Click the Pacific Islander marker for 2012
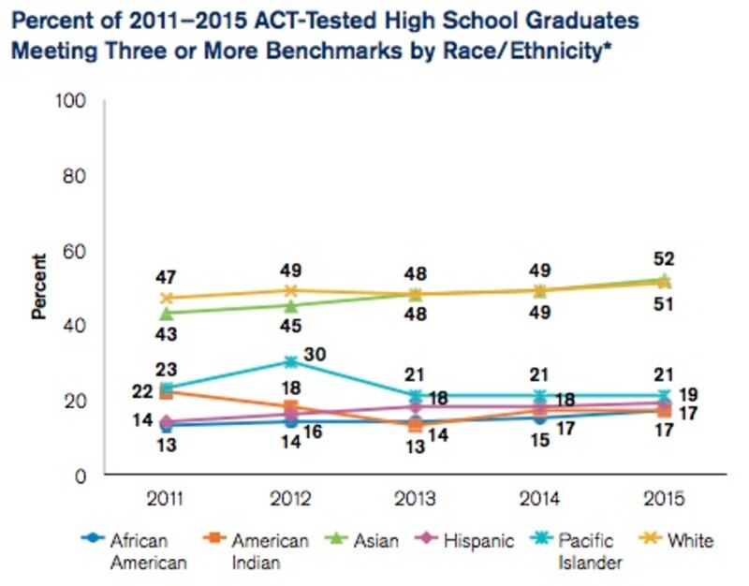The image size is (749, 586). click(290, 361)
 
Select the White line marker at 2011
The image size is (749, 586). click(167, 299)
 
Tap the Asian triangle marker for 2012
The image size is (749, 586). click(290, 305)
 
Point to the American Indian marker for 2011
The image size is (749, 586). click(167, 391)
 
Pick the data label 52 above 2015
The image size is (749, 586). click(665, 259)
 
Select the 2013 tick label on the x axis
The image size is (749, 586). click(415, 496)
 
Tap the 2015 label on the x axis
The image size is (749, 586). click(665, 496)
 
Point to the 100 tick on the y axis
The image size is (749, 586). click(74, 100)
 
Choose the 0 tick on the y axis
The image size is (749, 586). click(81, 476)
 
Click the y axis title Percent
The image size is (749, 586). click(40, 287)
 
